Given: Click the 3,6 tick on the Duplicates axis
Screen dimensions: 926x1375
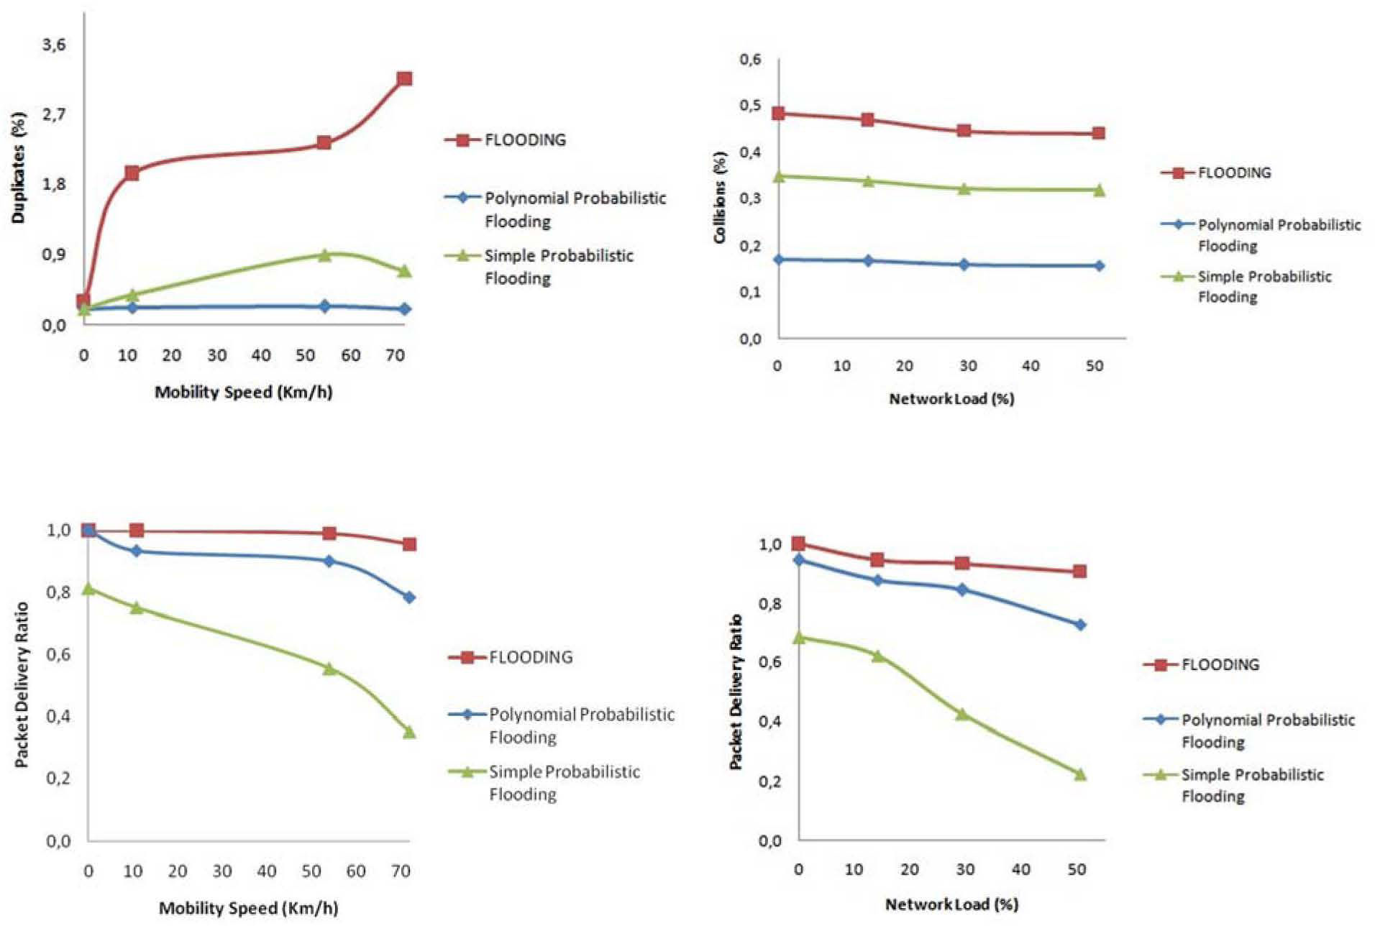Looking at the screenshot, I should click(54, 45).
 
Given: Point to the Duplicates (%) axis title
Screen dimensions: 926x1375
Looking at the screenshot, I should click(19, 167).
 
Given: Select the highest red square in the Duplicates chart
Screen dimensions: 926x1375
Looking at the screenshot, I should click(404, 78).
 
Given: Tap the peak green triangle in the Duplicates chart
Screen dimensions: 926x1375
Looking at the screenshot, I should click(324, 255).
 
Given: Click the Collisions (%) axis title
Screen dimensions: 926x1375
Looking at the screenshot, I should click(720, 196).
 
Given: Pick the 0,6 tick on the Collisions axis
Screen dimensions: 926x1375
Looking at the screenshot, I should click(750, 59).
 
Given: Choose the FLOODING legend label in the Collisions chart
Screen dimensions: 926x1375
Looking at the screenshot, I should click(1234, 173).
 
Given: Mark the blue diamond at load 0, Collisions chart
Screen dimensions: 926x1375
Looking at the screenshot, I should click(778, 259).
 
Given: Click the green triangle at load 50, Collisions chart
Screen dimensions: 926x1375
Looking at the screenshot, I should click(1099, 190).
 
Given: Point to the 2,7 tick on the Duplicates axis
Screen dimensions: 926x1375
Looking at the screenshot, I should click(54, 114).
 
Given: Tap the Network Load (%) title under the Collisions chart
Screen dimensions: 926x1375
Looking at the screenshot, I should click(951, 399).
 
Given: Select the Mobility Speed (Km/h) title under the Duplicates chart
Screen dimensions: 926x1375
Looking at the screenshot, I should click(244, 393).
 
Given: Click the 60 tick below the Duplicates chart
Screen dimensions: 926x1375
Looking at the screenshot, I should click(351, 356).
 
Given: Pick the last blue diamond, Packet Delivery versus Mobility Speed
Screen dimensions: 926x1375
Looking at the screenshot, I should click(409, 597).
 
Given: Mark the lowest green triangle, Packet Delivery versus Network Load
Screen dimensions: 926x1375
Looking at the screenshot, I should click(1079, 774).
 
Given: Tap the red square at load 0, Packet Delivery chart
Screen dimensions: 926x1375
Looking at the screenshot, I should click(798, 544).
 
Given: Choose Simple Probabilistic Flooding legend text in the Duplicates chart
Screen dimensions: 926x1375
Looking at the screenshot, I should click(559, 267).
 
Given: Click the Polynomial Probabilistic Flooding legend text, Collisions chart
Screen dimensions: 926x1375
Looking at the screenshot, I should click(1279, 235).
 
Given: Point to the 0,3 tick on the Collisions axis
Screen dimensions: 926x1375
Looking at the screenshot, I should click(750, 198).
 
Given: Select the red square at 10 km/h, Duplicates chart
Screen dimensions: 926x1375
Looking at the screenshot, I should click(132, 173).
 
